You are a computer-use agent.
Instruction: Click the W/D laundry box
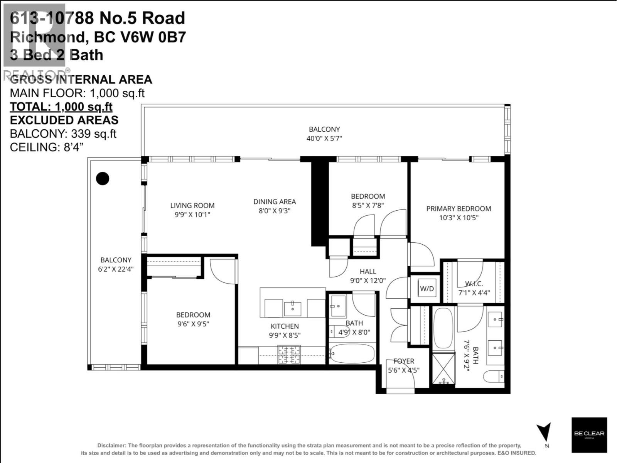coord(427,289)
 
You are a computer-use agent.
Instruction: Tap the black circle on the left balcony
coord(103,178)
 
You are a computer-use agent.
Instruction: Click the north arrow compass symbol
coord(545,433)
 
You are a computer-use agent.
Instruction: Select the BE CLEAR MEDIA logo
coord(589,435)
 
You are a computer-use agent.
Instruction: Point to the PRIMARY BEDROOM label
coord(459,209)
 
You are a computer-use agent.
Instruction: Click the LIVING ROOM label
coord(192,206)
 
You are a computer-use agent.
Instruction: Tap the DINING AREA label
coord(275,201)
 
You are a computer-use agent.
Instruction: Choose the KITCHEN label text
coord(285,326)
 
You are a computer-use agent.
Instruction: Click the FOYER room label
coord(404,361)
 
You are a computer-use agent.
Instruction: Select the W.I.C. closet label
coord(474,284)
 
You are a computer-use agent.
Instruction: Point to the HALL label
coord(368,272)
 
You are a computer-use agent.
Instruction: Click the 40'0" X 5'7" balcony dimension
coord(324,139)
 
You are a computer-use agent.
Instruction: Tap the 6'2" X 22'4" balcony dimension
coord(116,269)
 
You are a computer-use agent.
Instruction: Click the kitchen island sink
coord(293,308)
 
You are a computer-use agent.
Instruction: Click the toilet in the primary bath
coord(494,376)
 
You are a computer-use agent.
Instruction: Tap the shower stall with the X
coord(443,368)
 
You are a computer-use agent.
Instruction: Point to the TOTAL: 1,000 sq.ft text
coord(61,106)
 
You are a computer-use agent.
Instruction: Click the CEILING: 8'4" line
coord(47,147)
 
